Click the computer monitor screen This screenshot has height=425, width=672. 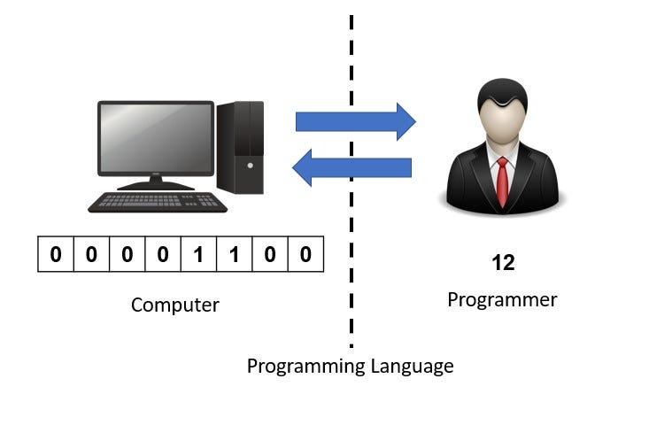[x=156, y=139]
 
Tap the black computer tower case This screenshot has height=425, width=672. [x=241, y=146]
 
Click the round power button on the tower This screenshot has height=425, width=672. [x=250, y=166]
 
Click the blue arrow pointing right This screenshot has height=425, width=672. [x=355, y=121]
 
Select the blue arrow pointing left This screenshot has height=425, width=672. [x=351, y=167]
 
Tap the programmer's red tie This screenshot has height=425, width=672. [x=502, y=182]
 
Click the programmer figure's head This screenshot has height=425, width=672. [x=501, y=111]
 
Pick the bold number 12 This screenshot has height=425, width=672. [x=502, y=263]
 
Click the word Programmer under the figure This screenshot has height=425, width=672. [x=502, y=299]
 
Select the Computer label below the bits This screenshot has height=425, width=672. [x=174, y=305]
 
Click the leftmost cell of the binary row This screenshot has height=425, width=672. [x=56, y=255]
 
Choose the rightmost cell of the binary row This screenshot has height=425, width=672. [x=305, y=255]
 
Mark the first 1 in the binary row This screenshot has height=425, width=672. [x=198, y=255]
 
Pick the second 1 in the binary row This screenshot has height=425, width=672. [x=234, y=255]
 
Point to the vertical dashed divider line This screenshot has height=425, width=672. [x=351, y=221]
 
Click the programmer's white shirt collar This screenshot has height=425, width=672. [x=501, y=160]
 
